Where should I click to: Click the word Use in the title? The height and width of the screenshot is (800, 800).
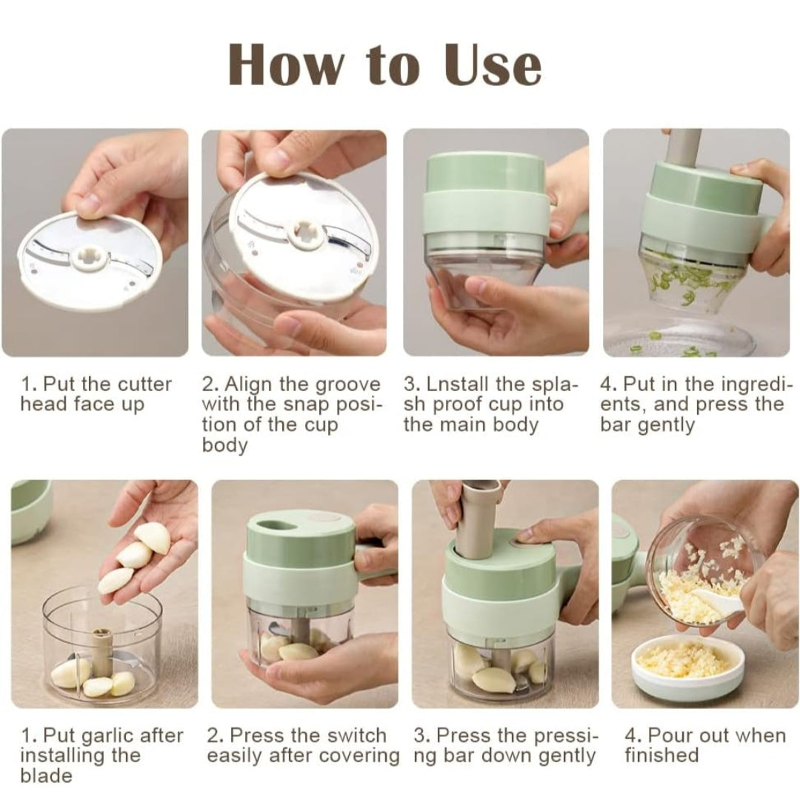493,64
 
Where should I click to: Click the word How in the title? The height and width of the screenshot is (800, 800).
286,64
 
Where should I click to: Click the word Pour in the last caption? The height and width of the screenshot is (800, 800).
667,736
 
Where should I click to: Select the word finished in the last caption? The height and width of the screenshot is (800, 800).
661,756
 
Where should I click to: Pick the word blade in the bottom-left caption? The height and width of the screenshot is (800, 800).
47,776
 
